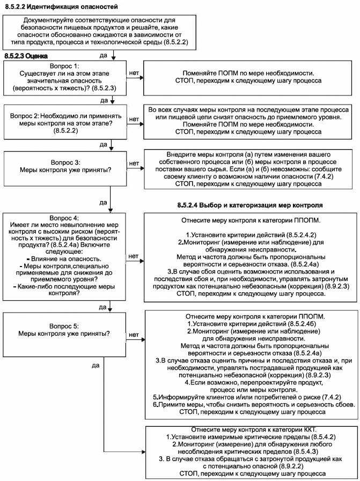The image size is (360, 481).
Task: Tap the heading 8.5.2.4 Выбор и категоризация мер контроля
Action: click(x=249, y=205)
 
